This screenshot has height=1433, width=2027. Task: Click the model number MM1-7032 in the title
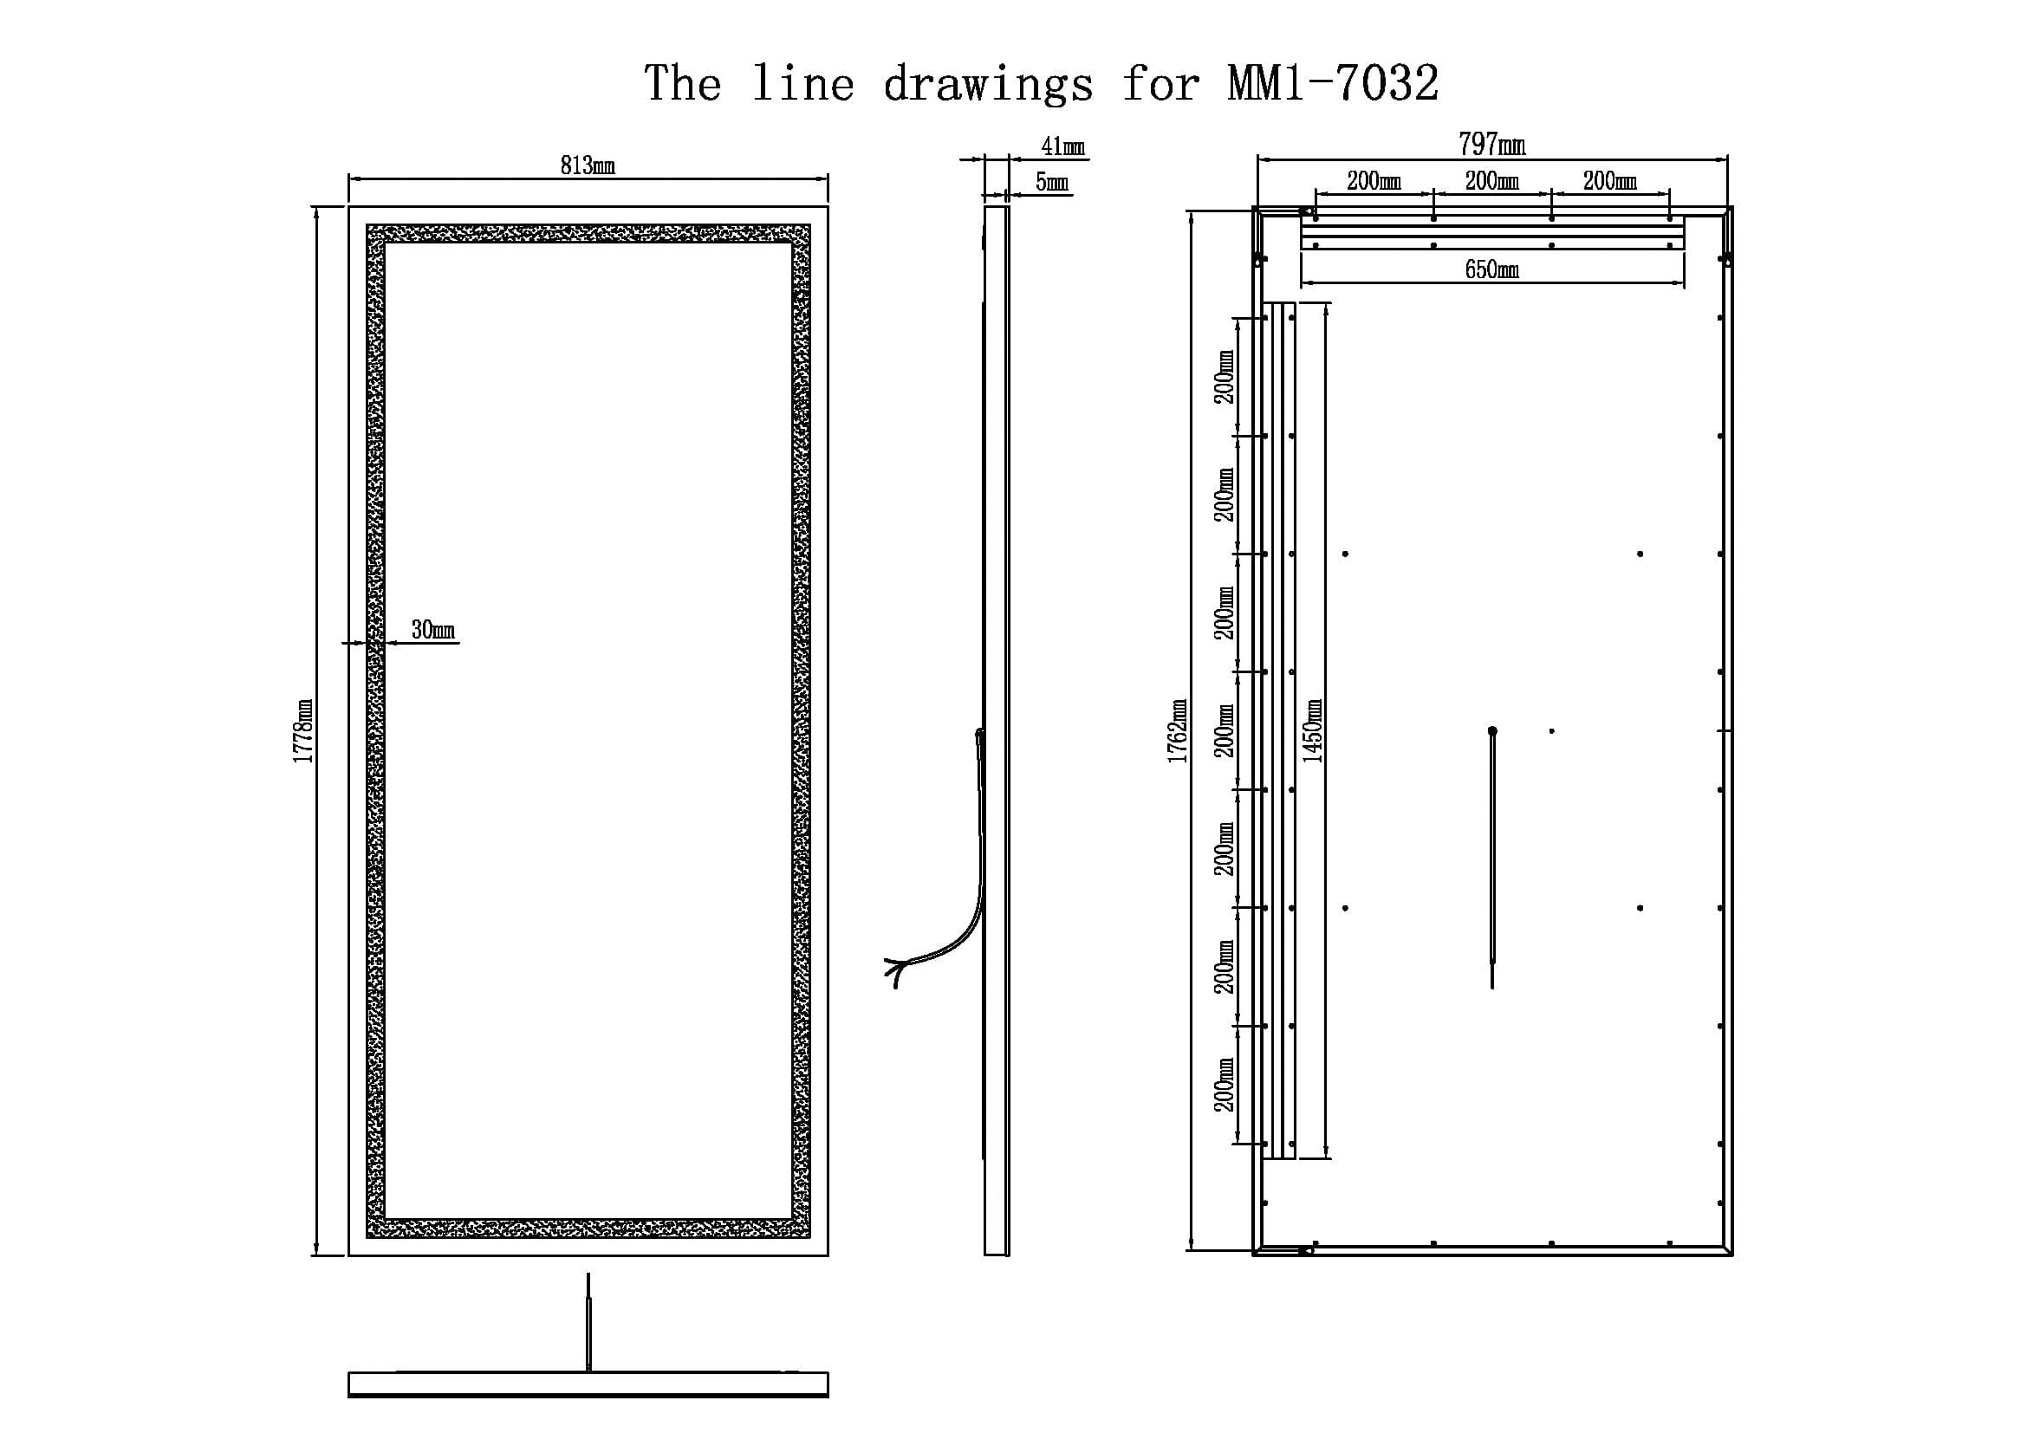[x=1333, y=84]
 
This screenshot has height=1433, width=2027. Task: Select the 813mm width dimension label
[x=587, y=165]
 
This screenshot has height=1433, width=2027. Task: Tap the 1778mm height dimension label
[x=303, y=730]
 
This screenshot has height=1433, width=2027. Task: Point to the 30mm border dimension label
[x=432, y=629]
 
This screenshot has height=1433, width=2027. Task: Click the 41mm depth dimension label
[x=1063, y=146]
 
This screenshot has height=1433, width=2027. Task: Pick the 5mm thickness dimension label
[x=1051, y=182]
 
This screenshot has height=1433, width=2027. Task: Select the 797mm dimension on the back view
[x=1492, y=143]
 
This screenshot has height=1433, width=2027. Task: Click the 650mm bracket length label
[x=1492, y=269]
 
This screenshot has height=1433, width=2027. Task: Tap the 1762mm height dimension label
[x=1178, y=730]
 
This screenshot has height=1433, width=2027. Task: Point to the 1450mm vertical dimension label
[x=1313, y=730]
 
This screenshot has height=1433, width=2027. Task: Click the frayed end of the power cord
[x=893, y=971]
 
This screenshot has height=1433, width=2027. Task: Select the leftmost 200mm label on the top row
[x=1374, y=181]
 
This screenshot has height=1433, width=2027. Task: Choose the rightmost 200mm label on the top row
[x=1609, y=181]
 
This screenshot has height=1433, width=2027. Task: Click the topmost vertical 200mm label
[x=1225, y=377]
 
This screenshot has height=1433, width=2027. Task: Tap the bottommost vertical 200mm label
[x=1225, y=1085]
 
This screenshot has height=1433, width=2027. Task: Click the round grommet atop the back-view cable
[x=1492, y=730]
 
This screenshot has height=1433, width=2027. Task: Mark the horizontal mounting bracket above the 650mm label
[x=1492, y=233]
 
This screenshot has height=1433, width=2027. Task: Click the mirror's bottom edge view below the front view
[x=588, y=1384]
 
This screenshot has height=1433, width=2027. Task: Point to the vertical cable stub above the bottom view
[x=588, y=1321]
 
